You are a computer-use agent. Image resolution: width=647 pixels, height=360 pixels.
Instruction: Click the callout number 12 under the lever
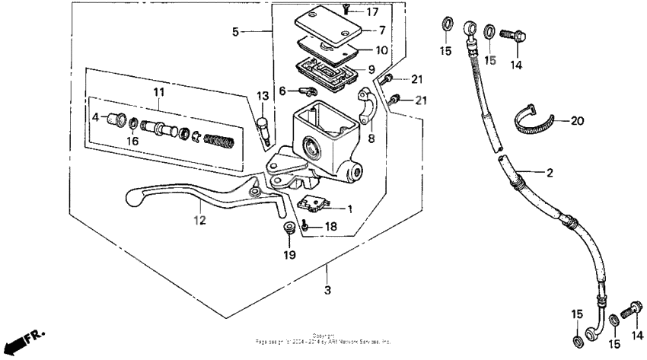coord(199,221)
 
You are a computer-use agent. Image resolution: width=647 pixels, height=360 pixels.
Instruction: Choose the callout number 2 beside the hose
coord(548,173)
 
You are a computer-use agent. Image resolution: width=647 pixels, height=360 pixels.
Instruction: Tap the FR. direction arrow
coord(23,337)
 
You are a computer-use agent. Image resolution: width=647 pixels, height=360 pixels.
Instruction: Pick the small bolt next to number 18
coord(304,225)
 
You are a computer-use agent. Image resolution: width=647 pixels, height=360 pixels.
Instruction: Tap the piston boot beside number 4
coord(117,119)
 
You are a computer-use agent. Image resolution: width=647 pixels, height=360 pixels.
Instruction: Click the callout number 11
coord(158,92)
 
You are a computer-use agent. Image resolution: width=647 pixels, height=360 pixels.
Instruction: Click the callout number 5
coord(236,32)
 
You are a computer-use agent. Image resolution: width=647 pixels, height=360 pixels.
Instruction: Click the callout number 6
coord(283,91)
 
